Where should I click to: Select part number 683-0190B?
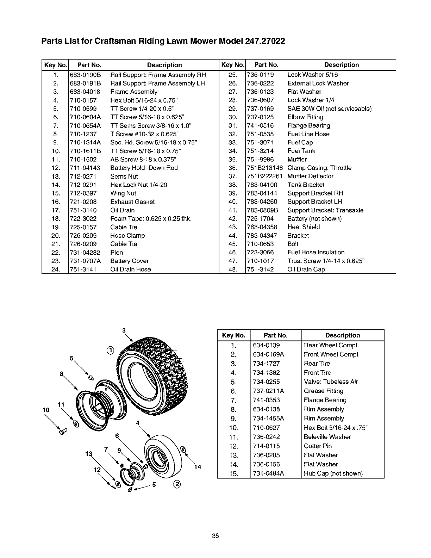[x=85, y=75]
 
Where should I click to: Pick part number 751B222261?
[x=265, y=176]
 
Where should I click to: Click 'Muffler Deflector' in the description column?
[x=311, y=176]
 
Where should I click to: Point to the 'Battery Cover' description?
[x=130, y=261]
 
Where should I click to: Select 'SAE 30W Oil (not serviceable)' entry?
[x=330, y=109]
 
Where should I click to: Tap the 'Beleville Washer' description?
[x=327, y=437]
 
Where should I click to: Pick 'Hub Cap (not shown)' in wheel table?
[x=333, y=473]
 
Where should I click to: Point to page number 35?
[x=216, y=536]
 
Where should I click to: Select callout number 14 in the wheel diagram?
[x=197, y=467]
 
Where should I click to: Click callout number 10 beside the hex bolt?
[x=45, y=410]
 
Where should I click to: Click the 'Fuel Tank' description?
[x=301, y=151]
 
